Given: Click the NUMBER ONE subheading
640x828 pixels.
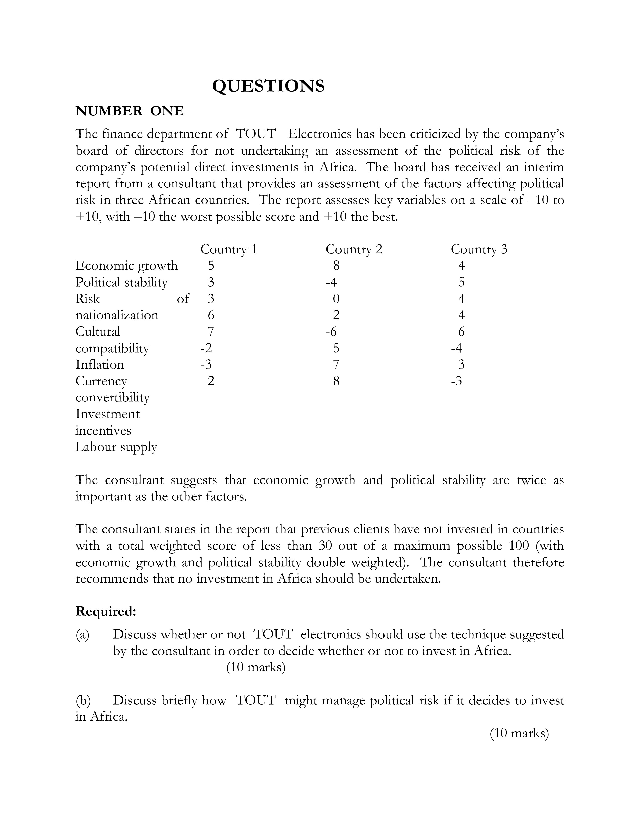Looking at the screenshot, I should point(130,111).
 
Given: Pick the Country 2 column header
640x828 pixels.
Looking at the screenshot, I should point(354,249).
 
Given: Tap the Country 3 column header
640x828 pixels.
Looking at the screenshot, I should point(479,249).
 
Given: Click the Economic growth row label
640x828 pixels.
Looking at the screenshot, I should point(126,266).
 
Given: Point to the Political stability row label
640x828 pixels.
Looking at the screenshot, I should point(121,283).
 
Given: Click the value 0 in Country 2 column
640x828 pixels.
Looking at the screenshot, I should point(336,299).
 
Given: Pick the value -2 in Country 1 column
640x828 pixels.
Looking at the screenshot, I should point(206,348).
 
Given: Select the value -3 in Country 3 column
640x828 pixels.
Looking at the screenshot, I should point(457,381).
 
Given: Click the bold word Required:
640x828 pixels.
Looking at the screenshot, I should point(105,611).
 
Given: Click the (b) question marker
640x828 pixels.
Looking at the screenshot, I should point(83,700).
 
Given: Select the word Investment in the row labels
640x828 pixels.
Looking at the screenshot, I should point(107,414).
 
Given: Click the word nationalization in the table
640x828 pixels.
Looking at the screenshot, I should point(117,315).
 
